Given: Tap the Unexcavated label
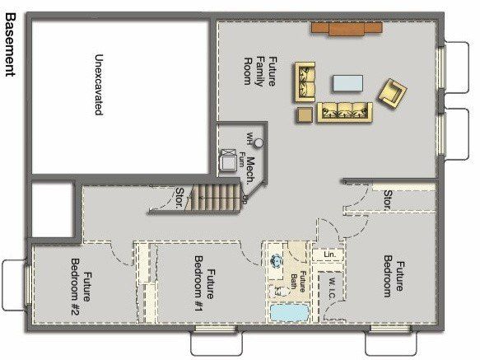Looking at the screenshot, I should tap(98, 85).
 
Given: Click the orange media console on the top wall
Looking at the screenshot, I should tap(347, 28).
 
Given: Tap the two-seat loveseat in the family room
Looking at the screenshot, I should tap(306, 81).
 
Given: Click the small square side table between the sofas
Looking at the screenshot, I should tap(305, 113).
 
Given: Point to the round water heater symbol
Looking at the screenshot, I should tap(259, 143).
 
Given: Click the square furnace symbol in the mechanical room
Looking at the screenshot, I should tap(227, 161).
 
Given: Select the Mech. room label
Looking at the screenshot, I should tap(248, 170).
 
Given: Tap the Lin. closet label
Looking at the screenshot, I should tap(329, 255).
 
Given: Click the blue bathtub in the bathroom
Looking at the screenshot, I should tap(288, 314).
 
